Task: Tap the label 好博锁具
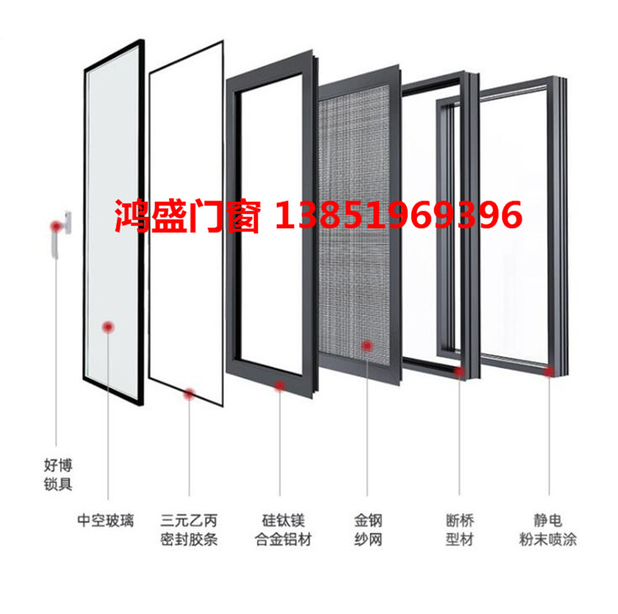(59, 475)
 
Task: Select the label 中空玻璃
(105, 521)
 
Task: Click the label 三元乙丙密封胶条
(189, 530)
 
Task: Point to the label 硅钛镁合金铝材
(283, 530)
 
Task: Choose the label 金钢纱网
(368, 530)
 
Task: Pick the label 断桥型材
(460, 530)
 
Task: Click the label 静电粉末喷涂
(548, 530)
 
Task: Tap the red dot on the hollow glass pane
(108, 326)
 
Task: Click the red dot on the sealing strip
(190, 393)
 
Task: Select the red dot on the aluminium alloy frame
(279, 386)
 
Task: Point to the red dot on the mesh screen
(367, 346)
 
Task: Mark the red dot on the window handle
(56, 226)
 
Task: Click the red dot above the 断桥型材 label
(459, 371)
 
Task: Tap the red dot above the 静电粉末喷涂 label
(549, 371)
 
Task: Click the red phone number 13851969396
(399, 215)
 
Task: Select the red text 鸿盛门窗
(187, 216)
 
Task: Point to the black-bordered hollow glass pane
(114, 222)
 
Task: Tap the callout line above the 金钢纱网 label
(367, 424)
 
